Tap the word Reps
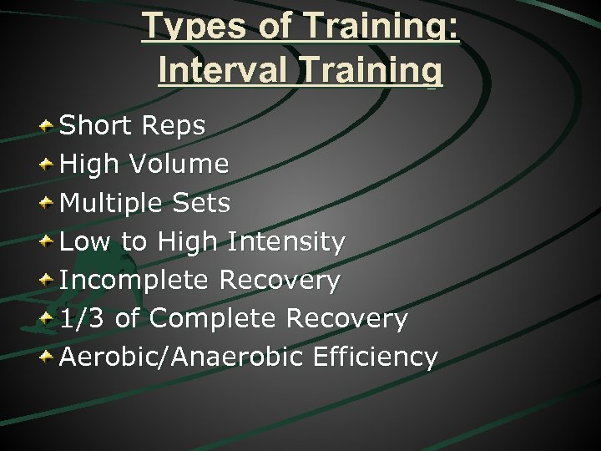pyautogui.click(x=174, y=126)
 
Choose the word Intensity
pyautogui.click(x=286, y=241)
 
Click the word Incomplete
pyautogui.click(x=134, y=280)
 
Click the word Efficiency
pyautogui.click(x=375, y=357)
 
